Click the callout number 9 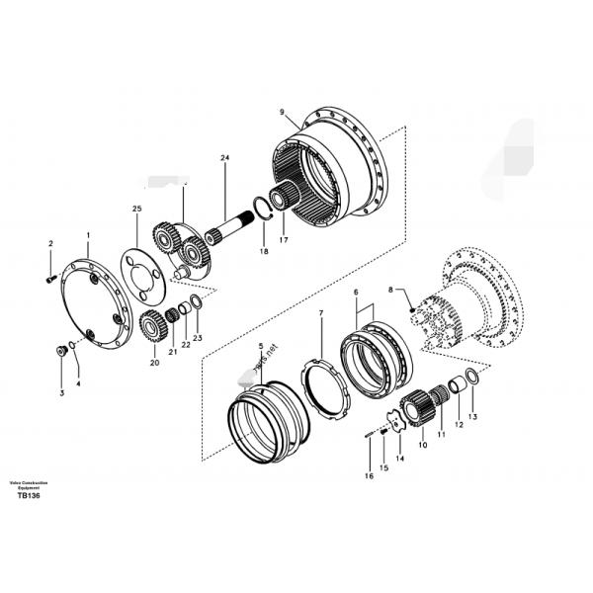[282, 113]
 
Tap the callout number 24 [223, 158]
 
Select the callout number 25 [136, 209]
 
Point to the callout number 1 [88, 237]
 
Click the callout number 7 [321, 314]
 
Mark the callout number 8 [390, 289]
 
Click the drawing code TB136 [27, 496]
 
